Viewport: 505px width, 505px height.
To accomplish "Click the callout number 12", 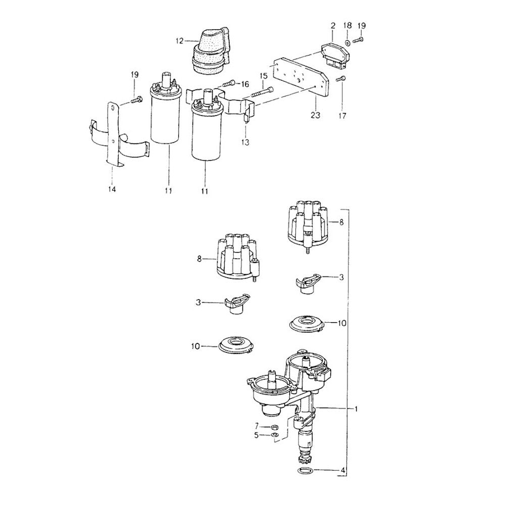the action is (179, 41).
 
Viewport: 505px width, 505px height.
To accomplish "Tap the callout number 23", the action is (315, 115).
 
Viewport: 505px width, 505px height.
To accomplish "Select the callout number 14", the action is (112, 189).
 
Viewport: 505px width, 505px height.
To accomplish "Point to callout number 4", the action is (343, 470).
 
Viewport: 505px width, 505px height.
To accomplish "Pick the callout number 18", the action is (347, 26).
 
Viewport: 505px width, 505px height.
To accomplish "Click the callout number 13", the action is (245, 142).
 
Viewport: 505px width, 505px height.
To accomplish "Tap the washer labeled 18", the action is (348, 42).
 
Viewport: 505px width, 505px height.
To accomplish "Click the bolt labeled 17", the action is (341, 78).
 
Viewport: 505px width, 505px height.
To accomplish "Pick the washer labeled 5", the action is (275, 436).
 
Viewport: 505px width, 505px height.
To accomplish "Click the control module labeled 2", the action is (334, 56).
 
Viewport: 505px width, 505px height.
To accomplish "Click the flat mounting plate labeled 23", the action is (301, 76).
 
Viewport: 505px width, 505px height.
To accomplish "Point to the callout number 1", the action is (356, 409).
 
